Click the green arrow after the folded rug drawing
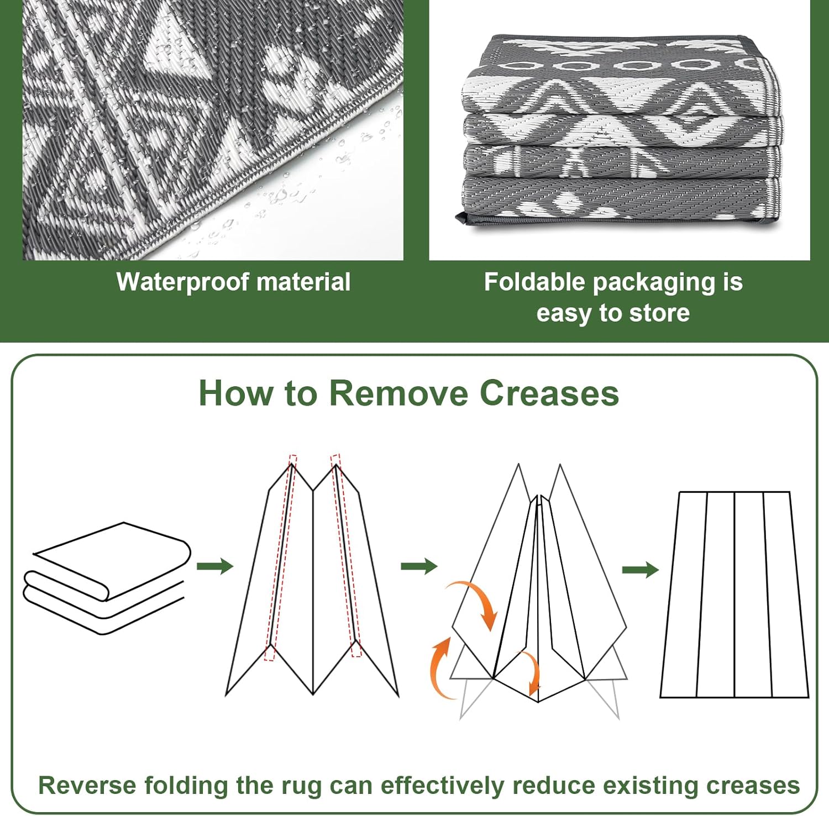click(x=215, y=566)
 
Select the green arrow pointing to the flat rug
click(x=640, y=570)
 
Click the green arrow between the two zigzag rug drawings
click(x=419, y=566)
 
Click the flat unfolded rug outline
click(x=734, y=594)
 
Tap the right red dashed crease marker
click(x=345, y=555)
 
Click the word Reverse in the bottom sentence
click(x=87, y=786)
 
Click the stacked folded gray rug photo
click(x=620, y=131)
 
